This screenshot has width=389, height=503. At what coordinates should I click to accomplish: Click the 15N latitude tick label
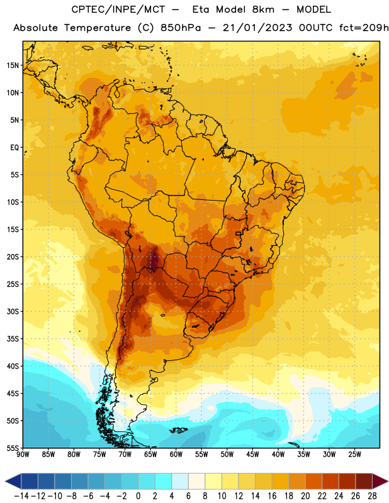point(13,65)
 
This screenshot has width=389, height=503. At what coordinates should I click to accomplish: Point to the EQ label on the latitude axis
point(14,148)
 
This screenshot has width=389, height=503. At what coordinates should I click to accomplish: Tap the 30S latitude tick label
point(13,311)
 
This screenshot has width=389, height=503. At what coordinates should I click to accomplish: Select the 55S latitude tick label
point(13,448)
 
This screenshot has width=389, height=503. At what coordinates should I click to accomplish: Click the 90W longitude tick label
point(23,455)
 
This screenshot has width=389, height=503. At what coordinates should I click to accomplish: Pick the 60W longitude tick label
point(176,455)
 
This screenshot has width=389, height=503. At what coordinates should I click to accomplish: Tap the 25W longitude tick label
point(354,455)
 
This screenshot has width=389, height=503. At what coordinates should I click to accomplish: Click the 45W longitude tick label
point(252,455)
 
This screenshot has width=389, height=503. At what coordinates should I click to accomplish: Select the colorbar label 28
point(372,496)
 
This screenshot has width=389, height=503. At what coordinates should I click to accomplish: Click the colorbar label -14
point(21,496)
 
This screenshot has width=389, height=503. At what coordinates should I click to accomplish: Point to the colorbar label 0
point(138,496)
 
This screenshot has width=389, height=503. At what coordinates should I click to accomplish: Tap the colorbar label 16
point(272,496)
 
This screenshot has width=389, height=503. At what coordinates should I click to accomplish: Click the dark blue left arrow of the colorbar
point(13,481)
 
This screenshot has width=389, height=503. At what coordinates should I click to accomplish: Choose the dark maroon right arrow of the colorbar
point(380,481)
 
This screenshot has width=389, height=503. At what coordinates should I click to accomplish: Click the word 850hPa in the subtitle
point(181,28)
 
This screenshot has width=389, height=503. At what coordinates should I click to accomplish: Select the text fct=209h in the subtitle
point(364,28)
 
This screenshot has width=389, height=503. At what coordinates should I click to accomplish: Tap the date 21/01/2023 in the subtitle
point(257,28)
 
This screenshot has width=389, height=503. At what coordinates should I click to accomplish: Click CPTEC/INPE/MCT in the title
point(118,9)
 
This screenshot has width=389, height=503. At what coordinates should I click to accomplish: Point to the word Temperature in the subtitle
point(98,28)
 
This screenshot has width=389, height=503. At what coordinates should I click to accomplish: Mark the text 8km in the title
point(263,9)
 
